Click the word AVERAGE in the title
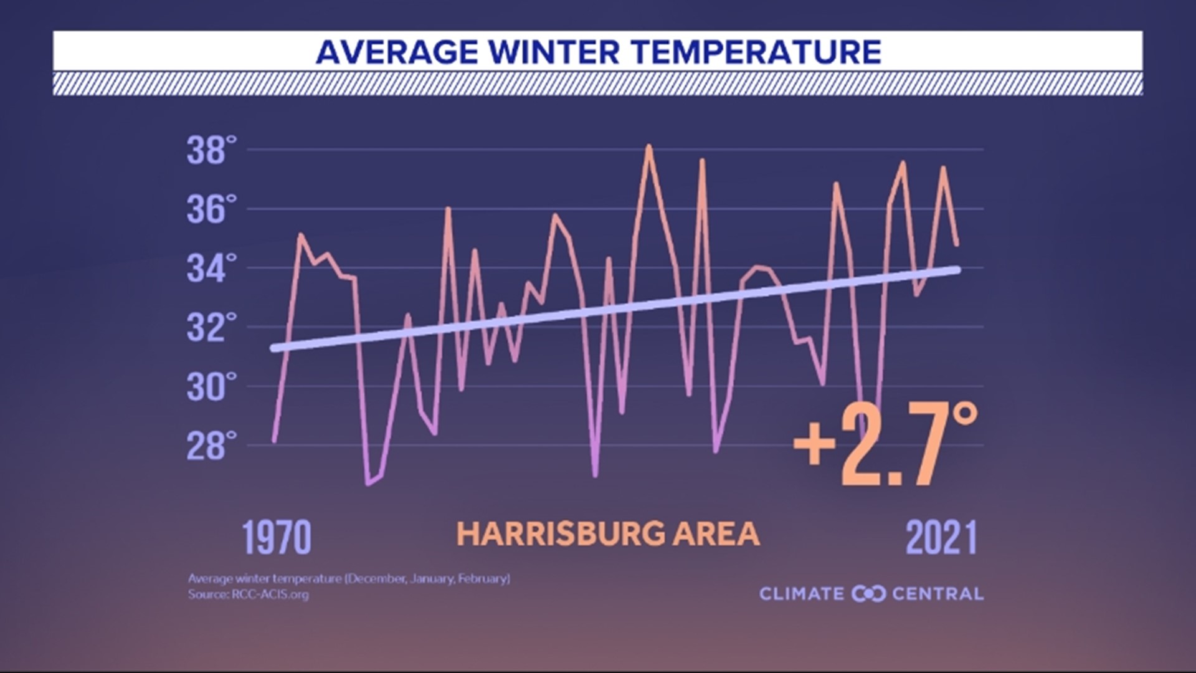pyautogui.click(x=397, y=52)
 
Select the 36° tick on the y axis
pyautogui.click(x=212, y=209)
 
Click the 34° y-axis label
pyautogui.click(x=212, y=269)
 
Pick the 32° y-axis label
pyautogui.click(x=212, y=328)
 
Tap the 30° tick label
pyautogui.click(x=212, y=387)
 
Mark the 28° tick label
pyautogui.click(x=212, y=446)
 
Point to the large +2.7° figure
pyautogui.click(x=885, y=444)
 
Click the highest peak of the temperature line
pyautogui.click(x=648, y=146)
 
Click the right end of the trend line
pyautogui.click(x=957, y=269)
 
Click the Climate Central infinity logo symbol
pyautogui.click(x=868, y=594)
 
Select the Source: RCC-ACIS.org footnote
pyautogui.click(x=249, y=594)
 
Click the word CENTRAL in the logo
pyautogui.click(x=937, y=594)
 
